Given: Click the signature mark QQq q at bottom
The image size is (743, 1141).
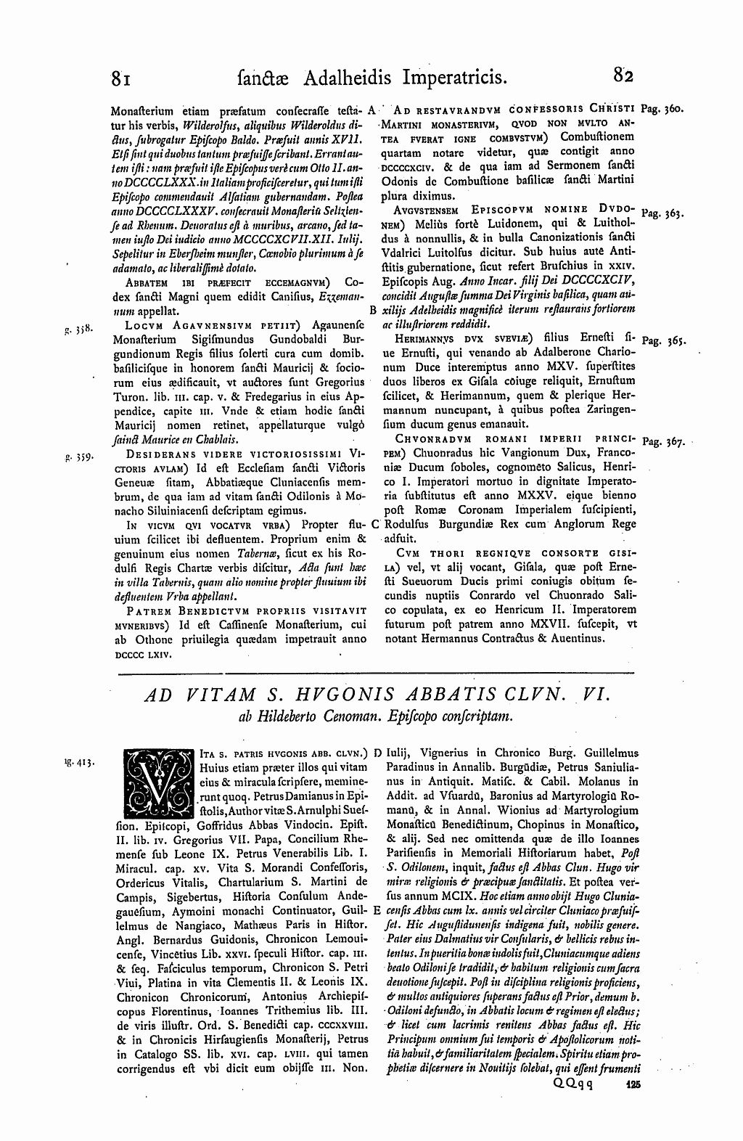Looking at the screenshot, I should click(x=572, y=1103).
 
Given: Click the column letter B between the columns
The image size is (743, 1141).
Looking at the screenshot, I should click(x=372, y=311).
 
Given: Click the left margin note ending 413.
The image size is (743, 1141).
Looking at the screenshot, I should click(x=75, y=763).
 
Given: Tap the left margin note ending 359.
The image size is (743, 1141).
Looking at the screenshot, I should click(x=75, y=459).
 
